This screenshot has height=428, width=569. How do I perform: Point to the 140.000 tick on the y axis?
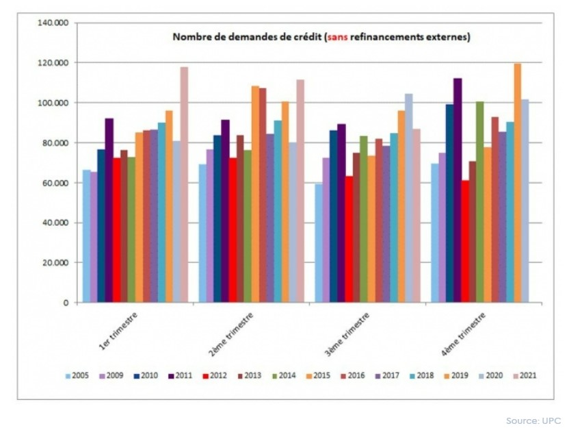53,23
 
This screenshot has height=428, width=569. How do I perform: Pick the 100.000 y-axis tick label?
53,103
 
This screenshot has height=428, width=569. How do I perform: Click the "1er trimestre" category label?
118,332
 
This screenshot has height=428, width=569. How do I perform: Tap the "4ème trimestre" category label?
466,333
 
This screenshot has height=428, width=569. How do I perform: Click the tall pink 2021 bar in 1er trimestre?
184,185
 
